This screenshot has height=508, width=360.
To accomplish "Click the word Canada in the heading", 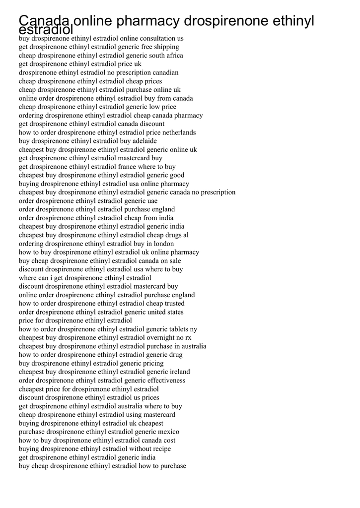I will coord(44,21).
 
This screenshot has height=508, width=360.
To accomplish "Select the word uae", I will coord(152,201).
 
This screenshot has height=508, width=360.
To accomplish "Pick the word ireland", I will coord(180,372).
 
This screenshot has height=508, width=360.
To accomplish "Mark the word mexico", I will coord(169,432).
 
